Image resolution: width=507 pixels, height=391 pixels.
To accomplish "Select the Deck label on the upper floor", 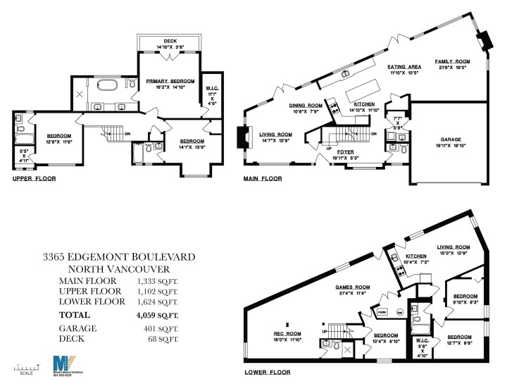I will click(170, 41).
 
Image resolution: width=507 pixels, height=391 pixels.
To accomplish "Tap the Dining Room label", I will click(306, 105).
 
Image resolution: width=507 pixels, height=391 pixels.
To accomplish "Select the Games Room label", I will click(352, 287).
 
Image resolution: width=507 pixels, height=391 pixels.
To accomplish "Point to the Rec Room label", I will click(287, 333).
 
